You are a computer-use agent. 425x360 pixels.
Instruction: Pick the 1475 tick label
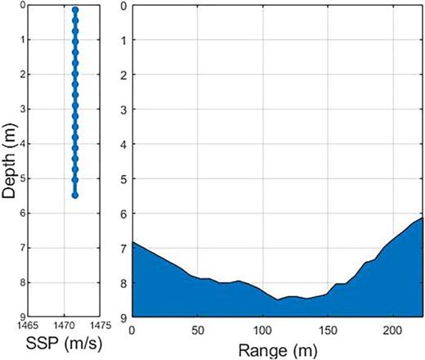tap(96, 326)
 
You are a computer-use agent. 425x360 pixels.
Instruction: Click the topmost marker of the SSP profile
tap(75, 11)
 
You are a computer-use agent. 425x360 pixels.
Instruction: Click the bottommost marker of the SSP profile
tap(75, 196)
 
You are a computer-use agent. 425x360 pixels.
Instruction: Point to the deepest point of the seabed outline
tap(278, 300)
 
